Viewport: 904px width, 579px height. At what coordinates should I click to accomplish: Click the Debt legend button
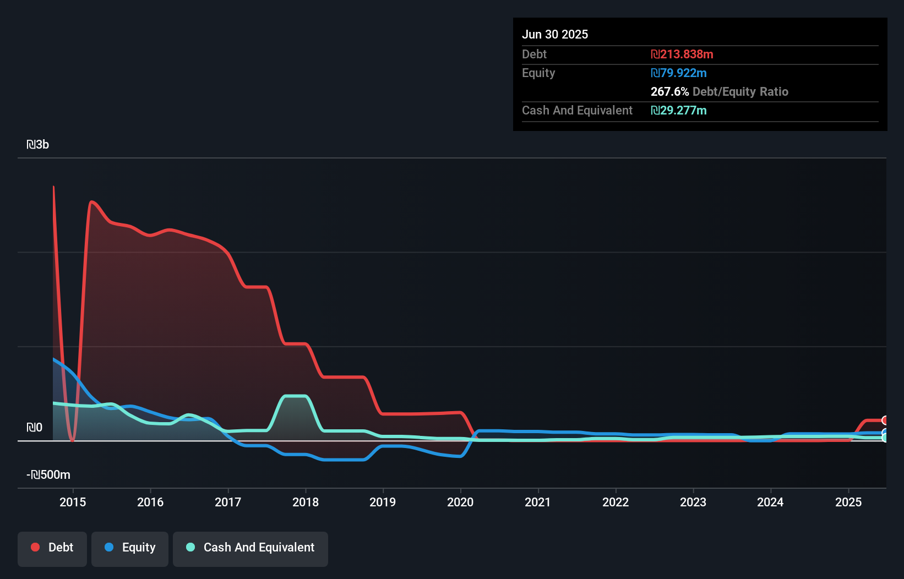pyautogui.click(x=52, y=548)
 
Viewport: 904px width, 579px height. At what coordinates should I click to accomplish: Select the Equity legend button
pyautogui.click(x=130, y=548)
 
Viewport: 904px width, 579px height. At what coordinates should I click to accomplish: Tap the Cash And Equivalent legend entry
pyautogui.click(x=250, y=548)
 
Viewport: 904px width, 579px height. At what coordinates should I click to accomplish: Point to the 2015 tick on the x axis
pyautogui.click(x=73, y=502)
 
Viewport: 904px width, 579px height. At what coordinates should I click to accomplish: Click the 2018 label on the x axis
pyautogui.click(x=306, y=502)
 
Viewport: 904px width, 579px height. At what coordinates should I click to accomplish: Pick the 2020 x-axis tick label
pyautogui.click(x=460, y=502)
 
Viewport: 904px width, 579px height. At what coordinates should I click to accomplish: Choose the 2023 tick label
pyautogui.click(x=693, y=502)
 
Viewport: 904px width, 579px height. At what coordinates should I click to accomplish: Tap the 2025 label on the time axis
pyautogui.click(x=848, y=502)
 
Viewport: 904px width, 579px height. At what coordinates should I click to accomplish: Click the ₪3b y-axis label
pyautogui.click(x=38, y=145)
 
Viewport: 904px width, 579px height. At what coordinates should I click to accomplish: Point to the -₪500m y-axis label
pyautogui.click(x=48, y=475)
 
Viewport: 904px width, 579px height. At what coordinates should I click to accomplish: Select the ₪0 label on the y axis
pyautogui.click(x=34, y=428)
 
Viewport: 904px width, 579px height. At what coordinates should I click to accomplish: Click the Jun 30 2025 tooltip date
pyautogui.click(x=555, y=34)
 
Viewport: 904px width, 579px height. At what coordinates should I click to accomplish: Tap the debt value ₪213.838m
pyautogui.click(x=682, y=54)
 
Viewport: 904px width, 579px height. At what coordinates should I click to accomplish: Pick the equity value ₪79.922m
pyautogui.click(x=679, y=73)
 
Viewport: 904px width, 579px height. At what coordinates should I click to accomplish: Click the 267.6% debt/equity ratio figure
pyautogui.click(x=669, y=92)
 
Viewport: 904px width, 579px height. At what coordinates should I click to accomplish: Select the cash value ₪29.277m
pyautogui.click(x=679, y=111)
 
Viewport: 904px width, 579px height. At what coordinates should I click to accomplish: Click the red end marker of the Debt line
pyautogui.click(x=885, y=420)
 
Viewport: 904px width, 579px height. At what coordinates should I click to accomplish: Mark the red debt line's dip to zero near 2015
pyautogui.click(x=72, y=439)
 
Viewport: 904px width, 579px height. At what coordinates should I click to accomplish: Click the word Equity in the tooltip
pyautogui.click(x=538, y=73)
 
